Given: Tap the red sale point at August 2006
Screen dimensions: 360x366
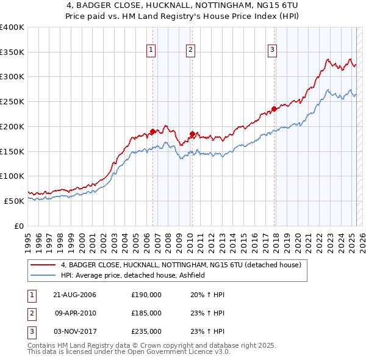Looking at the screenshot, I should [x=152, y=131].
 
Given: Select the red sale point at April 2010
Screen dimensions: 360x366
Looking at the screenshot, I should [x=192, y=134].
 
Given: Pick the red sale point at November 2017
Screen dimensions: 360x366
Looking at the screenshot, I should [x=274, y=109].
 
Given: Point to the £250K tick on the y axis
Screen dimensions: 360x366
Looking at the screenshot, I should [x=12, y=101].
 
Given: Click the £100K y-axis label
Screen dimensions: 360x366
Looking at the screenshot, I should [x=12, y=176].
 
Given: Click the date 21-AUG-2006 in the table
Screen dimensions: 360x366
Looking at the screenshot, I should [x=74, y=295].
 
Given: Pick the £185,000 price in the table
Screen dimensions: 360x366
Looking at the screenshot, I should [x=146, y=313].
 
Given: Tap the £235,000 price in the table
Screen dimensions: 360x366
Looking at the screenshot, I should [x=146, y=331].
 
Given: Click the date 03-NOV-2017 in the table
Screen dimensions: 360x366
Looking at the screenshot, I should [x=74, y=331].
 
